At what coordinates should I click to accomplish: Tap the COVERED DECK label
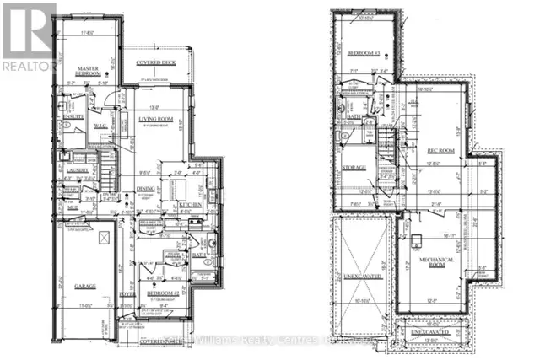[x=157, y=62]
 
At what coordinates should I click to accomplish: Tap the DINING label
[x=145, y=189]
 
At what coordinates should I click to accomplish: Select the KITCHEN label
[x=187, y=205]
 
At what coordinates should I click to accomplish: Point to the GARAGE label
[x=85, y=286]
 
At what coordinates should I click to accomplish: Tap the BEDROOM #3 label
[x=363, y=54]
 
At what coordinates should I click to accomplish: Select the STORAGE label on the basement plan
[x=354, y=167]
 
